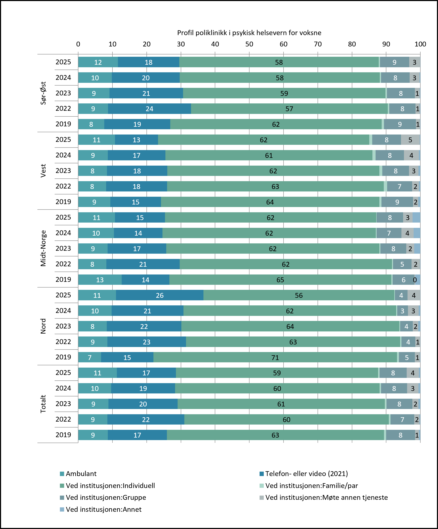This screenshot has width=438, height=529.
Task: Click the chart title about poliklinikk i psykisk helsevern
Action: point(249,33)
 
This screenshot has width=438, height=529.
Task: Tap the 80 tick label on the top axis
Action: point(352,44)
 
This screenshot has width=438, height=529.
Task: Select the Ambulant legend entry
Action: point(78,474)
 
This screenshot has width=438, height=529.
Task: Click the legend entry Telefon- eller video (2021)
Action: point(304,474)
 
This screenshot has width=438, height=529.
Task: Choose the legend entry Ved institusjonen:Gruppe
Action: point(103,497)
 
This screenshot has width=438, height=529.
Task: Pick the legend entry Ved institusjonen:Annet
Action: point(101,509)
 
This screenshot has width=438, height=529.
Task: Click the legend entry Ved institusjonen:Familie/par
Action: point(309,486)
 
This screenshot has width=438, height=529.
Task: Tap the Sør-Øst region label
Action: point(43,93)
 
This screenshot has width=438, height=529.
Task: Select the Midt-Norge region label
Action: point(43,248)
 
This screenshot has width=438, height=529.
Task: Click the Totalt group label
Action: point(43,404)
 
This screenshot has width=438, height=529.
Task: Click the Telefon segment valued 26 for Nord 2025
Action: point(160,295)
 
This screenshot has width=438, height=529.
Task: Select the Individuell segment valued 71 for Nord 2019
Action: point(275,358)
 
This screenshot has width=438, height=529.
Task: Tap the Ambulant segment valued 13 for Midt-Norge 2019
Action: point(100,280)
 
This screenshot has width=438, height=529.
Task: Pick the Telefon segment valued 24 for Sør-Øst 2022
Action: point(149,109)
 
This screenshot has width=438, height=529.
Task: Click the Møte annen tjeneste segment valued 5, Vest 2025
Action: point(410,140)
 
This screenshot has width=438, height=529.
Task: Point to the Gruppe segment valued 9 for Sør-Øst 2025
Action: point(394,62)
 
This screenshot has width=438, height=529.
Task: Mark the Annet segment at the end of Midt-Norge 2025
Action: point(416,218)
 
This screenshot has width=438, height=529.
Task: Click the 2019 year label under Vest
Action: point(63,202)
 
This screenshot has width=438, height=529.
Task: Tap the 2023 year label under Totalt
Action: point(63,404)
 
